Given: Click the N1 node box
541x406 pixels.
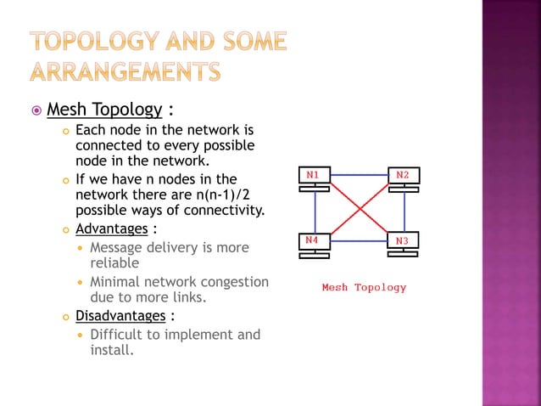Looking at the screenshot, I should click(x=315, y=175).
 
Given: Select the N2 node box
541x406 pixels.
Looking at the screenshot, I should click(x=403, y=175).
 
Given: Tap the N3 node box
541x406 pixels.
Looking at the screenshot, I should click(x=403, y=241).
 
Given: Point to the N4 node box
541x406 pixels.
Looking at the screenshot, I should click(x=315, y=241).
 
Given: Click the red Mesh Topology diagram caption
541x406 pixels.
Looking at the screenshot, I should click(x=364, y=287).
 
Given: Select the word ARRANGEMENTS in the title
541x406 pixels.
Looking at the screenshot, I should click(x=125, y=71).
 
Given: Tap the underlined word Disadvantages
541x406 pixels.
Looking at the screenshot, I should click(x=120, y=316).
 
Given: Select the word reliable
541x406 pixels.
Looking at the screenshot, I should click(x=114, y=263).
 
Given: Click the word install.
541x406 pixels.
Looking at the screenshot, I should click(x=111, y=350).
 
